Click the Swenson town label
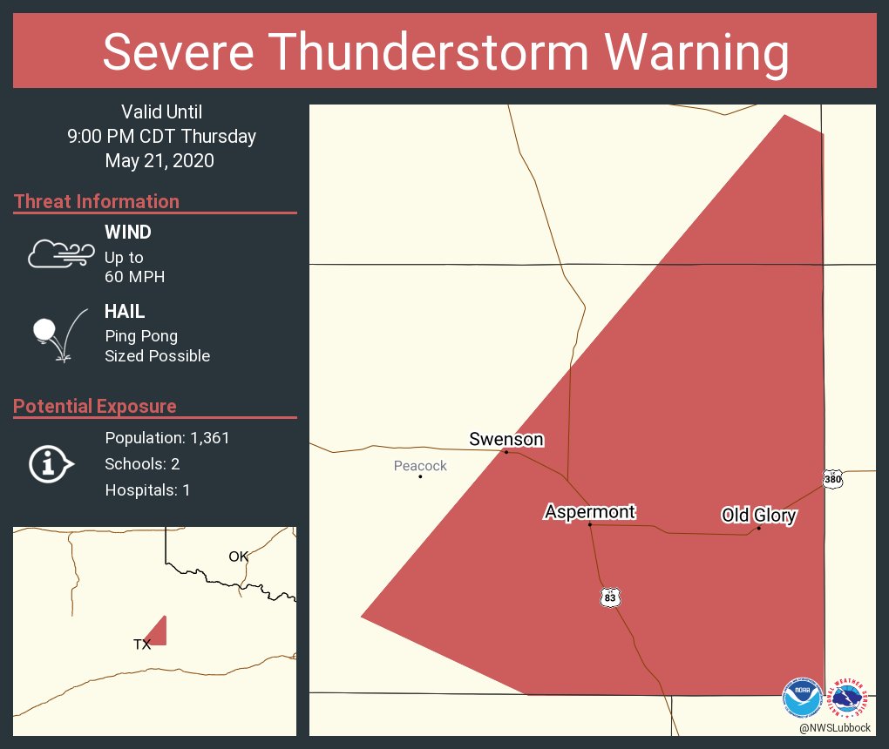click(506, 439)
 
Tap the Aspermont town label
click(590, 511)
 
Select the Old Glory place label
click(758, 516)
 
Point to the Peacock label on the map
click(420, 466)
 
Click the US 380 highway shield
click(832, 479)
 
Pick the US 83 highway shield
click(610, 597)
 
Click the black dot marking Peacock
click(420, 476)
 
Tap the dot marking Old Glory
click(758, 528)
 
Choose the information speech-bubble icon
click(50, 464)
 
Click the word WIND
click(127, 233)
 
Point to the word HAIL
click(125, 312)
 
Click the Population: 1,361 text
click(167, 438)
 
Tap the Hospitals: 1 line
click(147, 490)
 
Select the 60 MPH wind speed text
click(134, 277)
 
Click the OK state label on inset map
click(238, 557)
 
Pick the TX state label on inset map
click(142, 644)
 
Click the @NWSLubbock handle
click(835, 728)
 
